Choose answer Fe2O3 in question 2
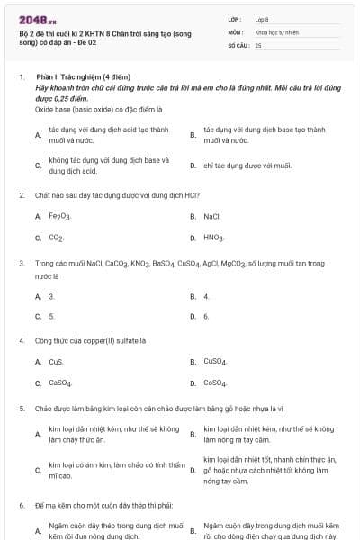coord(59,217)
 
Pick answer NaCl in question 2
coord(212,217)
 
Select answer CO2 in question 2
coord(56,238)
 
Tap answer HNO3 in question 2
coord(214,238)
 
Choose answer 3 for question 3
coord(51,295)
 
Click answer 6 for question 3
coord(206,317)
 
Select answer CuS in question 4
coord(56,362)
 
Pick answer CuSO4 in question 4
coord(215,362)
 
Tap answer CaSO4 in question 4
coord(60,383)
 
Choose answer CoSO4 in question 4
coord(215,383)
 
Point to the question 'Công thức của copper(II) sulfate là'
coord(90,341)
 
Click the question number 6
coord(22,506)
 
